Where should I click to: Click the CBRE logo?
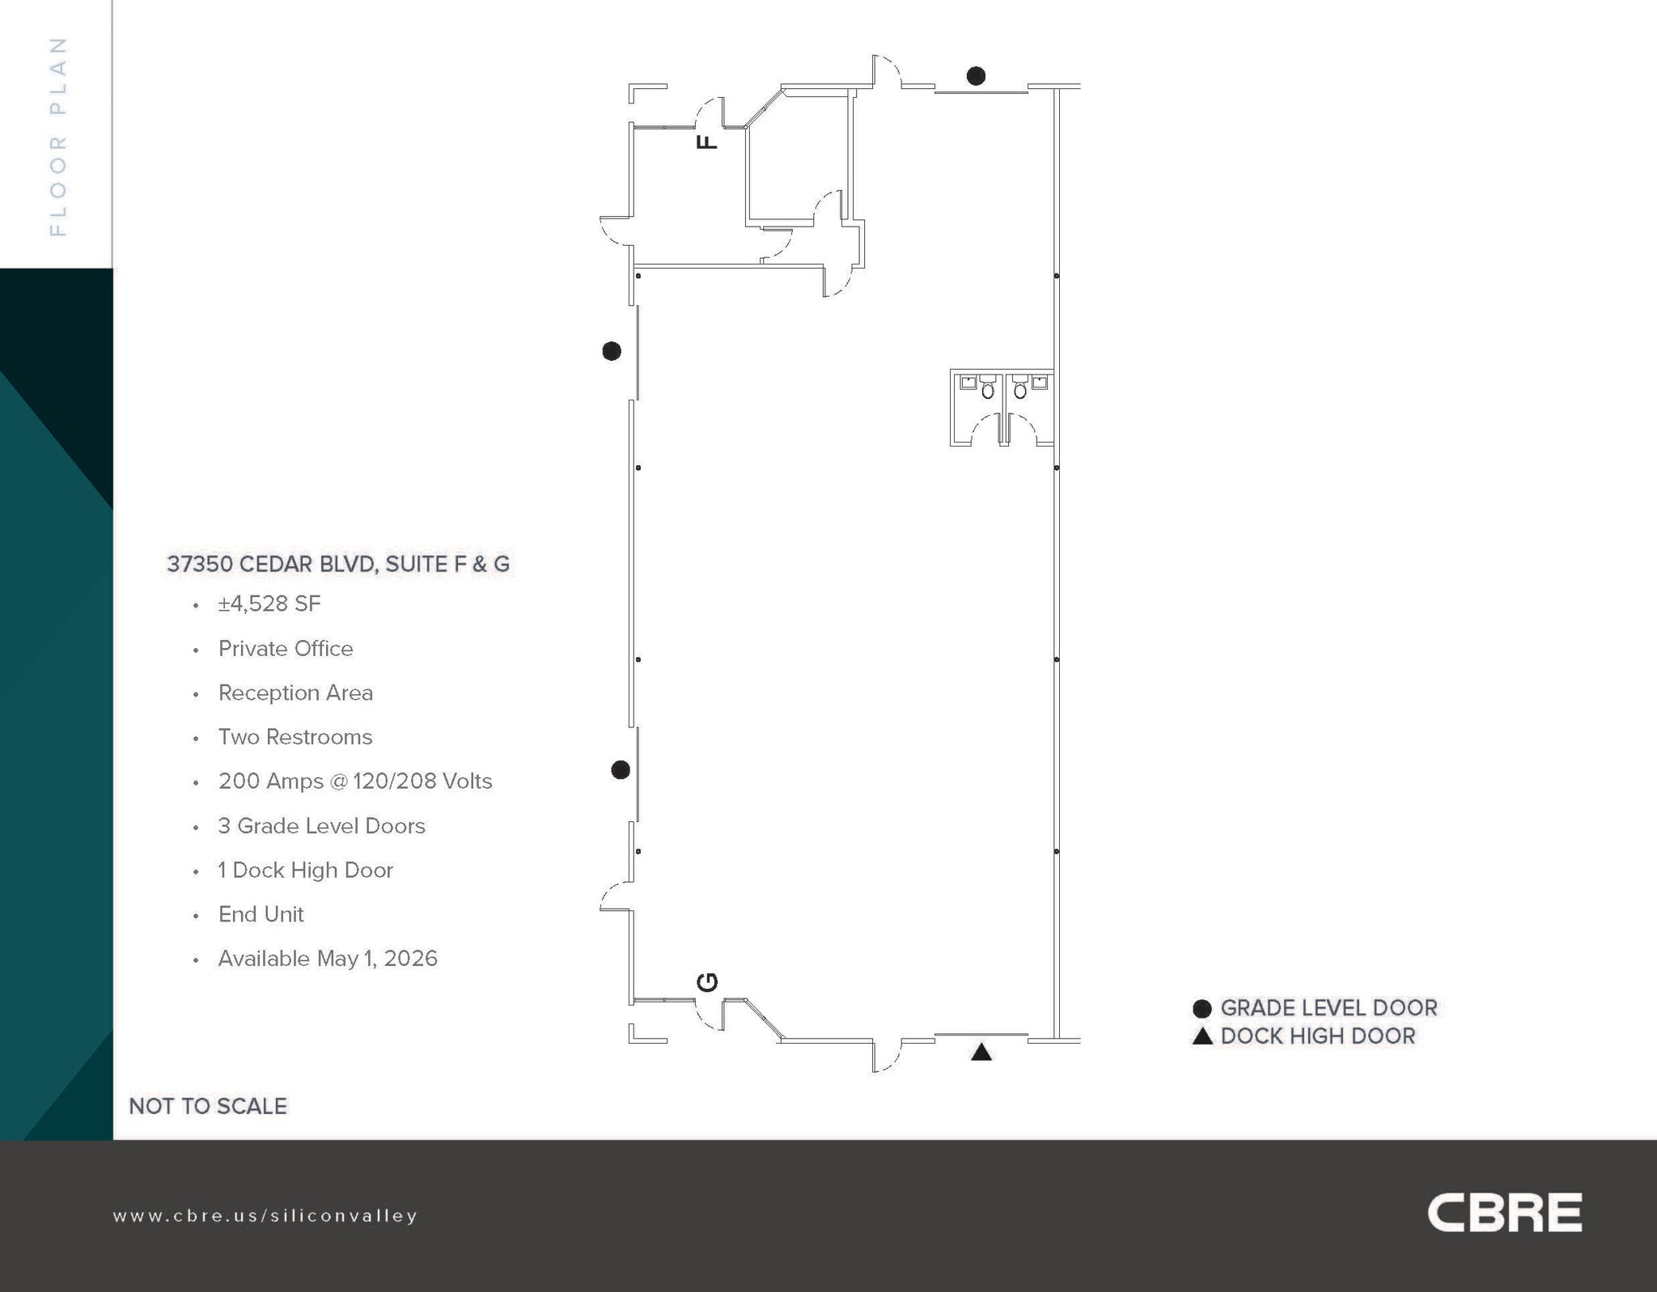[x=1503, y=1212]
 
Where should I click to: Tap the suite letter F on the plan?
[x=706, y=142]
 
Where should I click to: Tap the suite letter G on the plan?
[x=706, y=982]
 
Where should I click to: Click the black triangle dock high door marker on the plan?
[x=981, y=1053]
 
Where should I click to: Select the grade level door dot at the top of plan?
[x=976, y=76]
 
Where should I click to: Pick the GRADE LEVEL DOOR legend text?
[x=1329, y=1008]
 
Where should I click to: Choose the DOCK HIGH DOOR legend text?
[x=1317, y=1036]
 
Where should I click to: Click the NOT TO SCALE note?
[x=208, y=1106]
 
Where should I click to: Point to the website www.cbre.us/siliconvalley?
[x=265, y=1216]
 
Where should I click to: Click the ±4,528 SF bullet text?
[x=269, y=604]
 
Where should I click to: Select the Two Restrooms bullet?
[x=295, y=737]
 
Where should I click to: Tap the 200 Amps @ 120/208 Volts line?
[x=355, y=782]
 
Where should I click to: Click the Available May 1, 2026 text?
[x=328, y=959]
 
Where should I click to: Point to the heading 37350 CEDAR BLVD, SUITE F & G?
[x=338, y=564]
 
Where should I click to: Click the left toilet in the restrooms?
[x=988, y=391]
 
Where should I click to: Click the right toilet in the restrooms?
[x=1020, y=391]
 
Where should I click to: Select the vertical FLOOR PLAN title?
[x=57, y=136]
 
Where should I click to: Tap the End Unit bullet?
[x=261, y=914]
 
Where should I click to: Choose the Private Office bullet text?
[x=286, y=649]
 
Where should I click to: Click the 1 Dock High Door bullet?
[x=305, y=871]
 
